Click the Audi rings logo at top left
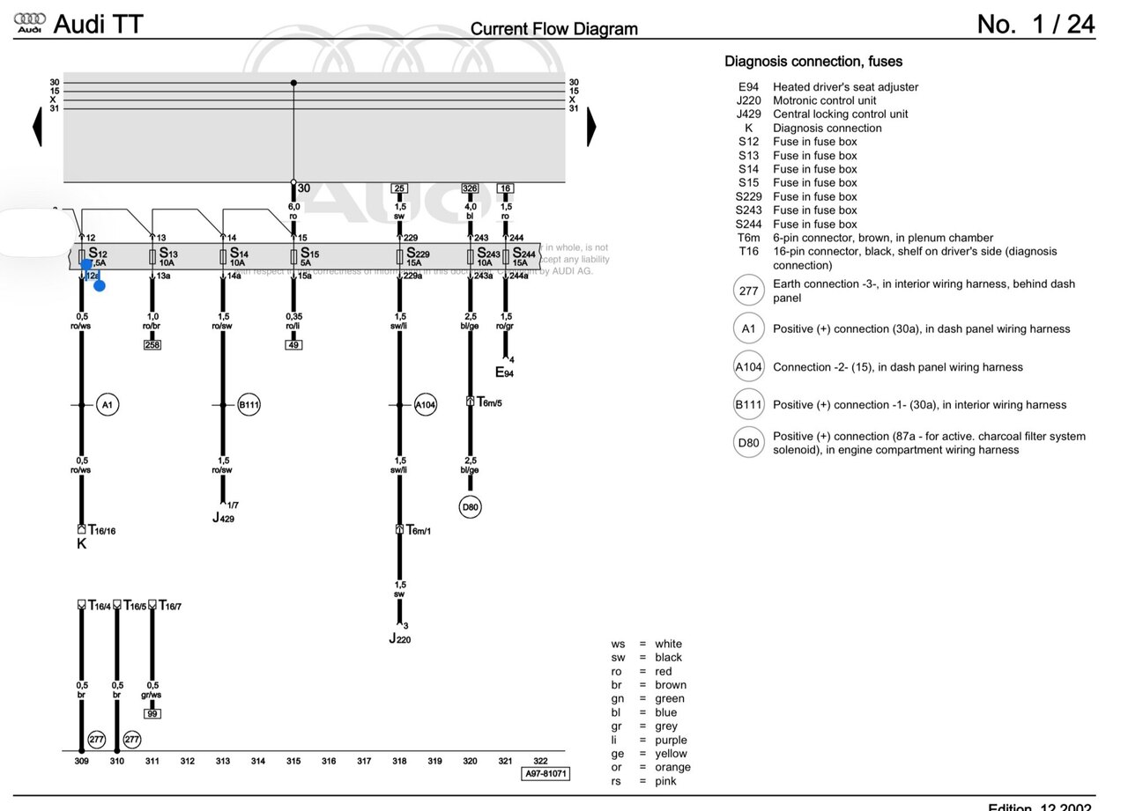coord(30,23)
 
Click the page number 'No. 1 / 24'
coord(1035,25)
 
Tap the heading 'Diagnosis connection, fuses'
coord(813,62)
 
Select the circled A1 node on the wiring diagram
coord(108,405)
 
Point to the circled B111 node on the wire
coord(249,405)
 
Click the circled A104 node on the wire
coord(426,405)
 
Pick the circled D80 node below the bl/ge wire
coord(471,507)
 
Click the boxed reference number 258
coord(152,345)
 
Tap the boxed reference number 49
coord(293,345)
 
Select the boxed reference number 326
coord(470,188)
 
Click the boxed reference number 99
coord(152,714)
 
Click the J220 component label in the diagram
coord(399,638)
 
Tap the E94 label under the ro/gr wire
coord(504,372)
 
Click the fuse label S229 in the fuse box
coord(417,254)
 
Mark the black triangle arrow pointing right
coord(591,126)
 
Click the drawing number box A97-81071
coord(545,774)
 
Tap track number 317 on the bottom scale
coord(364,761)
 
